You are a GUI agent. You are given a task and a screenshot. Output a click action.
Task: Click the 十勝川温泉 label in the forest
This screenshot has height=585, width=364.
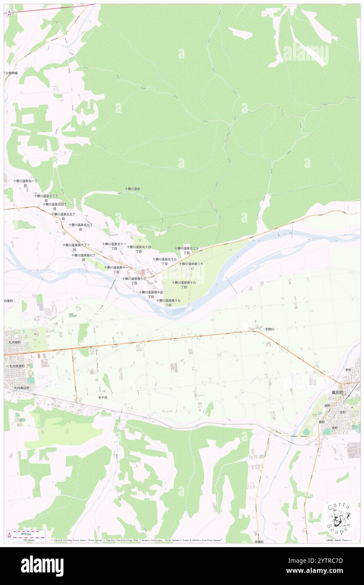pos(132,189)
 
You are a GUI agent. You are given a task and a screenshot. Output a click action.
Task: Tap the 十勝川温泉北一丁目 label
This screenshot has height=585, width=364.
pos(25,183)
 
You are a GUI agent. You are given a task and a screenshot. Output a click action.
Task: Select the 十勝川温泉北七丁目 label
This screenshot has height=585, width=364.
pos(81,227)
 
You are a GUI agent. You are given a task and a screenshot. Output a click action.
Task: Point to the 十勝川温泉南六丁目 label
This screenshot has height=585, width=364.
pos(75,247)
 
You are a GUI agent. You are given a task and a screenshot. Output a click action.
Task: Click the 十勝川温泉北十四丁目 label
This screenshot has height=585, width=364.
pos(139,249)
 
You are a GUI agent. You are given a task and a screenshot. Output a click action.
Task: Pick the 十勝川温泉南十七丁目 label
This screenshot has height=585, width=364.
pos(169,303)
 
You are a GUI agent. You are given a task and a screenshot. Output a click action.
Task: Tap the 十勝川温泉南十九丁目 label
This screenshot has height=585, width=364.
pos(184,285)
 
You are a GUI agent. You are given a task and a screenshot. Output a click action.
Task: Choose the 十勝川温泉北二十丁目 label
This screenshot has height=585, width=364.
pos(187,250)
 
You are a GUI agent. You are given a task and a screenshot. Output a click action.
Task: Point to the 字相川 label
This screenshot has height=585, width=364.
pos(269,329)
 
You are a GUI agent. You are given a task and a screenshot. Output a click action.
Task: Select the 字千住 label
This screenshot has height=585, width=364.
pos(103,397)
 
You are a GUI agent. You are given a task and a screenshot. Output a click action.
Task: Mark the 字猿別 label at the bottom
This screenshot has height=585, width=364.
pos(259,542)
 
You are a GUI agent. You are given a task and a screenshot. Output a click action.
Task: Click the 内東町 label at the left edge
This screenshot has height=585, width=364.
pos(9,301)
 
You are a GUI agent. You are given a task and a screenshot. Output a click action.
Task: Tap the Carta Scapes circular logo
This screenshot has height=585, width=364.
pos(339,518)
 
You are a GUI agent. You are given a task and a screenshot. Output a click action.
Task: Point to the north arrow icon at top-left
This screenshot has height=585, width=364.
pos(9,12)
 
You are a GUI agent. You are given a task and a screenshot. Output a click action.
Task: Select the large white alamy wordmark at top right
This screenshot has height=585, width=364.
pos(306,53)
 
